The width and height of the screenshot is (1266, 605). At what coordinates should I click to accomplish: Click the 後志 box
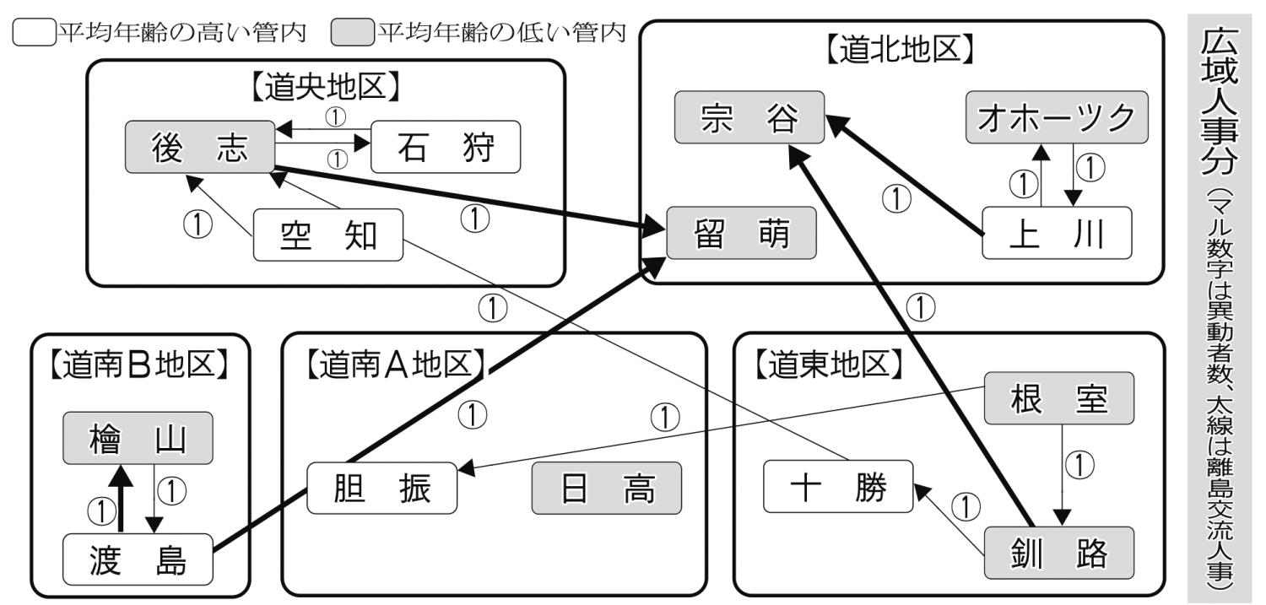201,149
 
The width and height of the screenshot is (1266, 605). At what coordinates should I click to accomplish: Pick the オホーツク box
1057,118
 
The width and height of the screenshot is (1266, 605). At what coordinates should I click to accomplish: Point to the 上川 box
1056,235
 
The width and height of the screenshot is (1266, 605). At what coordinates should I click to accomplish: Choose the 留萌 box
742,234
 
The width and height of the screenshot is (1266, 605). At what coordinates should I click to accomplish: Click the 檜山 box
139,440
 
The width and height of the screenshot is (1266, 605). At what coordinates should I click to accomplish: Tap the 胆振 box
381,489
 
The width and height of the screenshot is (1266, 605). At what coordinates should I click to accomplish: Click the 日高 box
606,489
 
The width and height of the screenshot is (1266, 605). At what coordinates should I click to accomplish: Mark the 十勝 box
838,487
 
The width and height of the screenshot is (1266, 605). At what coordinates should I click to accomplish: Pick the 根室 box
1058,399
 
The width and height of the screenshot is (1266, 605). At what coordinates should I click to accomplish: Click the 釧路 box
1058,554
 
